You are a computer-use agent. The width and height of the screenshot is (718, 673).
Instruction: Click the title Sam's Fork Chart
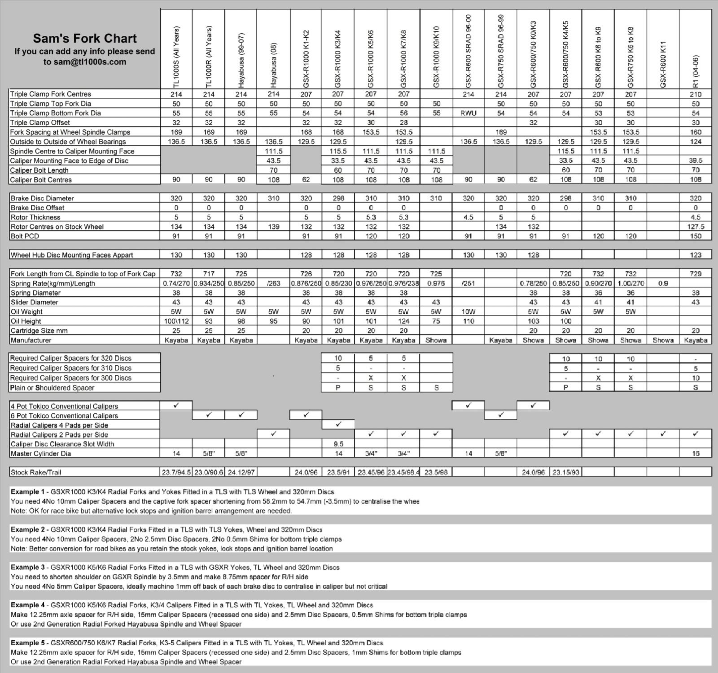(x=85, y=39)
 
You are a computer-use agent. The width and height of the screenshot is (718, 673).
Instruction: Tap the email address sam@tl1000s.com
(x=85, y=62)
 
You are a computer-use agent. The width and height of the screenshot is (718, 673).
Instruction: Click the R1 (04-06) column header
(x=696, y=72)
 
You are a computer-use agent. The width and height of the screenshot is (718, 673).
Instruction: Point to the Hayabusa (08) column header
(x=273, y=65)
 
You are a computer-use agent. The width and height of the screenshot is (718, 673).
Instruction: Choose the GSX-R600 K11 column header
(x=663, y=65)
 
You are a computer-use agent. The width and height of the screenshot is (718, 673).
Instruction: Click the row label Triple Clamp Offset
(x=40, y=122)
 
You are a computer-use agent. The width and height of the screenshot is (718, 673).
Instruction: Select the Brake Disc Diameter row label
(x=42, y=198)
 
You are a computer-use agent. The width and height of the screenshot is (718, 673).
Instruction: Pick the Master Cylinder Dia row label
(x=40, y=454)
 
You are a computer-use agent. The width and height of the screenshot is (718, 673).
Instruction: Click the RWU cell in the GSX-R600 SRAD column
(x=468, y=113)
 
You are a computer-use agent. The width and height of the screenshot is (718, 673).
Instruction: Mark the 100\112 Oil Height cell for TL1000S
(x=176, y=321)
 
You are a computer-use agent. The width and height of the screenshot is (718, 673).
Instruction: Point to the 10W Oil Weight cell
(x=468, y=312)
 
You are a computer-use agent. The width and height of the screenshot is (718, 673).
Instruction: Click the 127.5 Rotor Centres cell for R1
(x=696, y=226)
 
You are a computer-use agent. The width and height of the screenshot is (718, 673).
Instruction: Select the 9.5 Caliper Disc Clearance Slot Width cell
(x=338, y=444)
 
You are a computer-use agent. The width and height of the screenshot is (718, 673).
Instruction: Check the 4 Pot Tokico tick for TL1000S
(x=176, y=406)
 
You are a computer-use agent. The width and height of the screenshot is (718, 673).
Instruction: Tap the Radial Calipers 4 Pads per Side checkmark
(x=338, y=425)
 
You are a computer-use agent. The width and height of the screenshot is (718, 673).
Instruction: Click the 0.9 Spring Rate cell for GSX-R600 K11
(x=663, y=283)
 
